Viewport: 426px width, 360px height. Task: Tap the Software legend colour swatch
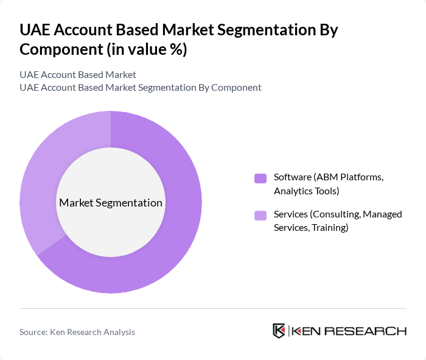260,178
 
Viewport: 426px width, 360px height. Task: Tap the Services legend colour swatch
260,215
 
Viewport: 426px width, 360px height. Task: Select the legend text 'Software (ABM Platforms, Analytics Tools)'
329,184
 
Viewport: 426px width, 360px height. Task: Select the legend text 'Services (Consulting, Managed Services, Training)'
337,221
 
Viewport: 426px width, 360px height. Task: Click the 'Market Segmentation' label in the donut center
111,203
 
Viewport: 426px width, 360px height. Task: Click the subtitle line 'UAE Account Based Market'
78,75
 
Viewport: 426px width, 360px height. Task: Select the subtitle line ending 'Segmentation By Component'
141,87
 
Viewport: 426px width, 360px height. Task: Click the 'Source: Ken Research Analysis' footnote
77,332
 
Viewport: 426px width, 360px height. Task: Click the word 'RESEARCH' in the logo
372,331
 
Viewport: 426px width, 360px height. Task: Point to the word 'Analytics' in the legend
294,191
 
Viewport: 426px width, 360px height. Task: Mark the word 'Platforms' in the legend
363,177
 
